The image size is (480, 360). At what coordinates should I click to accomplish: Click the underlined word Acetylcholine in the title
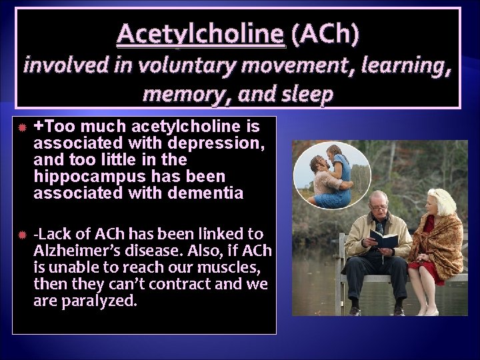pyautogui.click(x=201, y=34)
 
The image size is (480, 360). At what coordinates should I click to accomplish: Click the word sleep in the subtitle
pyautogui.click(x=308, y=94)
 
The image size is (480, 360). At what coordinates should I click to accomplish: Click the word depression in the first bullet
pyautogui.click(x=222, y=143)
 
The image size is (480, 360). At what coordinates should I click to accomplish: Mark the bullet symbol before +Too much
pyautogui.click(x=22, y=127)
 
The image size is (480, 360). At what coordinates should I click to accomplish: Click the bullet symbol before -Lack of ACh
pyautogui.click(x=22, y=235)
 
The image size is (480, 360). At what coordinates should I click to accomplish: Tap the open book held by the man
pyautogui.click(x=384, y=239)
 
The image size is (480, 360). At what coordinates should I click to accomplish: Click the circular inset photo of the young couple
pyautogui.click(x=332, y=175)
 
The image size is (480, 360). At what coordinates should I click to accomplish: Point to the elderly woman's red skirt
pyautogui.click(x=426, y=270)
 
